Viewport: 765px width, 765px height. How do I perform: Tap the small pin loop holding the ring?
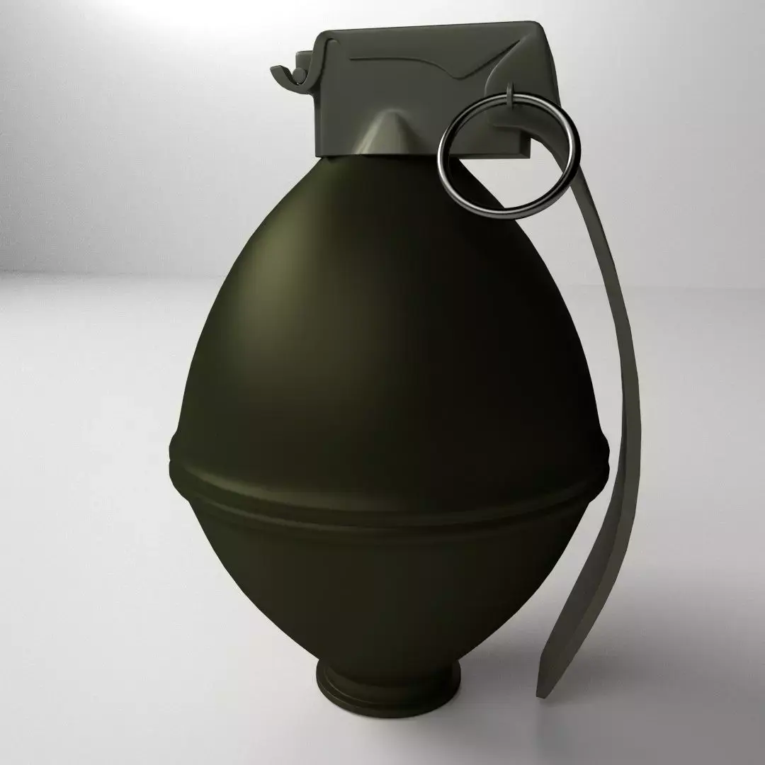510,99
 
